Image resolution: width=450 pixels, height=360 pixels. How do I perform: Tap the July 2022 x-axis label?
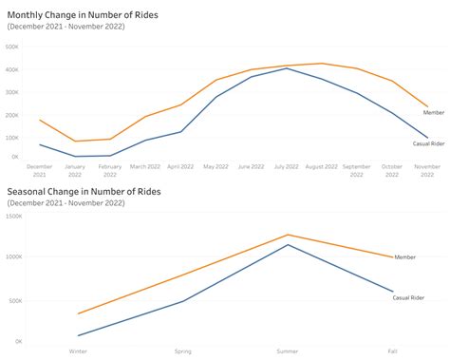287,166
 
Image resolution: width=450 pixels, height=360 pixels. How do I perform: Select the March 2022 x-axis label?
145,166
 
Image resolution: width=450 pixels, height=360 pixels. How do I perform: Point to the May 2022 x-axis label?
216,166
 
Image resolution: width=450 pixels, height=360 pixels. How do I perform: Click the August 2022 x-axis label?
322,166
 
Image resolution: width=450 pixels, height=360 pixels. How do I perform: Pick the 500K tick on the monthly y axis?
13,46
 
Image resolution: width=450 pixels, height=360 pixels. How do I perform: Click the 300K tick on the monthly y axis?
13,92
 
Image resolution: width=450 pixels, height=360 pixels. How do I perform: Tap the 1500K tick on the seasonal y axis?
13,216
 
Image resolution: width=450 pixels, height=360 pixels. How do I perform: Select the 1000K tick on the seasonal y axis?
13,257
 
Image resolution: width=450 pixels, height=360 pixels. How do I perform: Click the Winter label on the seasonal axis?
79,351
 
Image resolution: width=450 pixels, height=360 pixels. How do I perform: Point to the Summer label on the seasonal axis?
288,351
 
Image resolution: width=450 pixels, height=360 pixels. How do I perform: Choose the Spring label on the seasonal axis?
183,351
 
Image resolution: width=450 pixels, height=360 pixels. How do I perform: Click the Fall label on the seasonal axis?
392,351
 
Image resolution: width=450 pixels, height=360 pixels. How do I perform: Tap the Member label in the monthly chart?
433,112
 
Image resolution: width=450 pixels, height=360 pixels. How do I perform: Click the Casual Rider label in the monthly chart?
428,143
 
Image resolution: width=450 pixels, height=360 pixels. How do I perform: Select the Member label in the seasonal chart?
405,256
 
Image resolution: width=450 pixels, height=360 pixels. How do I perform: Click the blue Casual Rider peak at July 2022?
287,68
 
